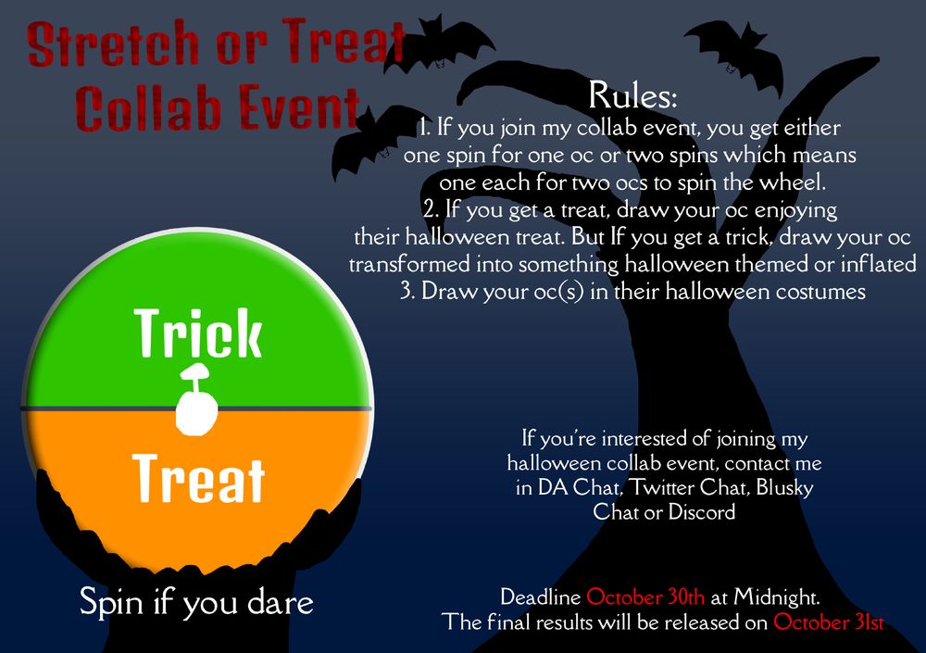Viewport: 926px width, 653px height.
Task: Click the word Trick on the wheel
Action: coord(198,333)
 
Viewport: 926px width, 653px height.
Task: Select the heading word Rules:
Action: coord(632,95)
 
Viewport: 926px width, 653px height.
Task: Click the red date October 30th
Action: coord(644,596)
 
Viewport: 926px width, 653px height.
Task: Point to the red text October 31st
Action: coord(829,622)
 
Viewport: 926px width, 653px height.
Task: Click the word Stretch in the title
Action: coord(113,44)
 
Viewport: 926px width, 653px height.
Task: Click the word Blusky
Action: coord(785,488)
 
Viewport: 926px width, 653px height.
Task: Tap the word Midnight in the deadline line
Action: coord(776,597)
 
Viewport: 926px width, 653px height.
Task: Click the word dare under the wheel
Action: coord(280,602)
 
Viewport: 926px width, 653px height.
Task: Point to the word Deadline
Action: coord(541,596)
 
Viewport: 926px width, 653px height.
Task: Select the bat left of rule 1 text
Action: coord(372,140)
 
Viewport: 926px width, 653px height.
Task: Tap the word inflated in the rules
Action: coord(878,264)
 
